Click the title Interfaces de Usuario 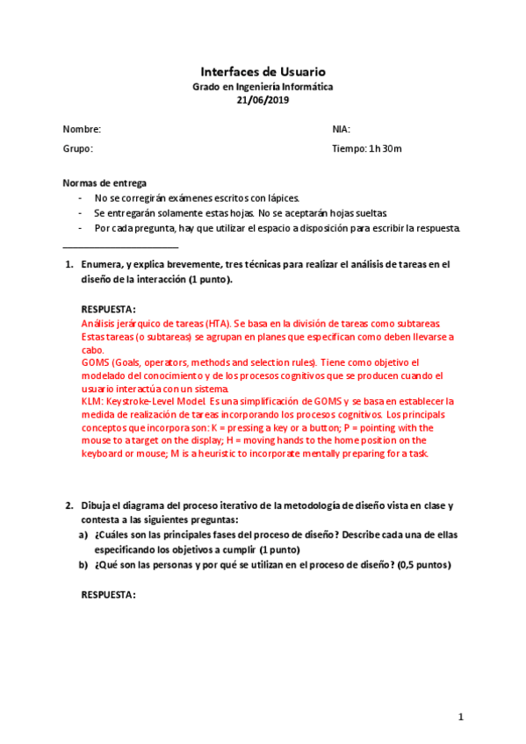(x=263, y=71)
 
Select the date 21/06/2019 (x=263, y=100)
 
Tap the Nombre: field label (x=82, y=129)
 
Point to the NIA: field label (x=342, y=129)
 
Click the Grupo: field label (x=77, y=149)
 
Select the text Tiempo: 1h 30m (x=366, y=149)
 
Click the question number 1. (x=69, y=263)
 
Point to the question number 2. (x=69, y=505)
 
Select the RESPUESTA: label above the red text (x=108, y=309)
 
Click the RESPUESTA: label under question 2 (x=108, y=595)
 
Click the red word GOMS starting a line (x=94, y=362)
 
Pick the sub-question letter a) (x=83, y=534)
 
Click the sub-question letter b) (x=83, y=564)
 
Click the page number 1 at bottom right (x=460, y=717)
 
